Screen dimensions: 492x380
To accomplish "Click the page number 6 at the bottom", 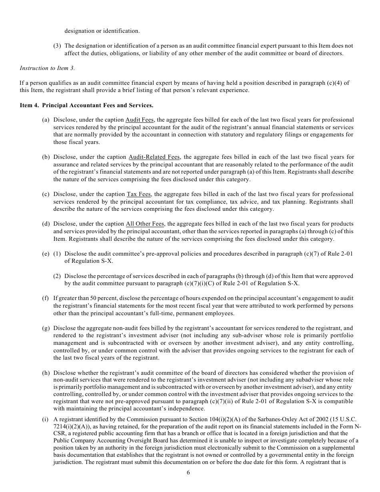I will pos(188,472).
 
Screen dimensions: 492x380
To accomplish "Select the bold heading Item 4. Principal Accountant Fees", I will pos(86,106).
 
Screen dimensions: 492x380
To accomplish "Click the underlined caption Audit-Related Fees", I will pos(154,157).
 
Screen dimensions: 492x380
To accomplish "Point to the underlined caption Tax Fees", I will pos(139,194).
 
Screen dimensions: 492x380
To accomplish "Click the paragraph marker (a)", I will pos(46,120).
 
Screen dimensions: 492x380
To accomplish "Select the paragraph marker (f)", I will pos(46,298).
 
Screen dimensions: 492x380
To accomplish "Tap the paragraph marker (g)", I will pos(46,328).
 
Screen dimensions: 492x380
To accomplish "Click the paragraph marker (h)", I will pos(46,373).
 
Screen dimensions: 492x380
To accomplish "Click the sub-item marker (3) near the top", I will pos(57,46).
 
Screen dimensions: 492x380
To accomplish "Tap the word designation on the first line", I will pos(80,31).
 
